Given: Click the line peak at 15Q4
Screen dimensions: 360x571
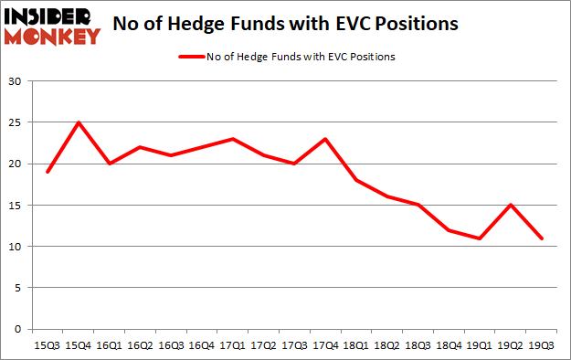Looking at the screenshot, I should (x=78, y=122).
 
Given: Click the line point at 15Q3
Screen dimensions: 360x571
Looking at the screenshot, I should (x=48, y=172).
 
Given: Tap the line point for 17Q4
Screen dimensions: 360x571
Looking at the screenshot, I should (x=325, y=139).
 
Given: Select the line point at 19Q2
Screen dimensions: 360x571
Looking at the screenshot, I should (x=511, y=205).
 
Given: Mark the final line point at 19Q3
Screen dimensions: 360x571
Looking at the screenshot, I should (x=542, y=238).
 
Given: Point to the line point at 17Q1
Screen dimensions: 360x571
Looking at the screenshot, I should (x=233, y=139).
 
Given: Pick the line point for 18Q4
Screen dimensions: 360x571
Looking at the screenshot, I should (x=449, y=229).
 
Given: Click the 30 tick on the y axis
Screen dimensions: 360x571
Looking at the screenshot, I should (x=15, y=81).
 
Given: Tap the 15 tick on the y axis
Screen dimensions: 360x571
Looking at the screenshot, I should (x=15, y=205).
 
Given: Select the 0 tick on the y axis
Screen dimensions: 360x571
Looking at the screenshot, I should (x=18, y=329).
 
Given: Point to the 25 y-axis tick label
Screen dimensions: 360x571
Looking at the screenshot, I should (x=15, y=122).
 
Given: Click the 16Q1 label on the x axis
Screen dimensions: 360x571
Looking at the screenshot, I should (x=109, y=345).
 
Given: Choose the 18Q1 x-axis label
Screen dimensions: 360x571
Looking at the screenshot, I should (x=356, y=345).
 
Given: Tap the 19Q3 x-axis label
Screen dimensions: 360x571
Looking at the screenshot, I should (x=542, y=345).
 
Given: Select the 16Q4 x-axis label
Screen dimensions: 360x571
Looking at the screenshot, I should (x=202, y=345).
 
